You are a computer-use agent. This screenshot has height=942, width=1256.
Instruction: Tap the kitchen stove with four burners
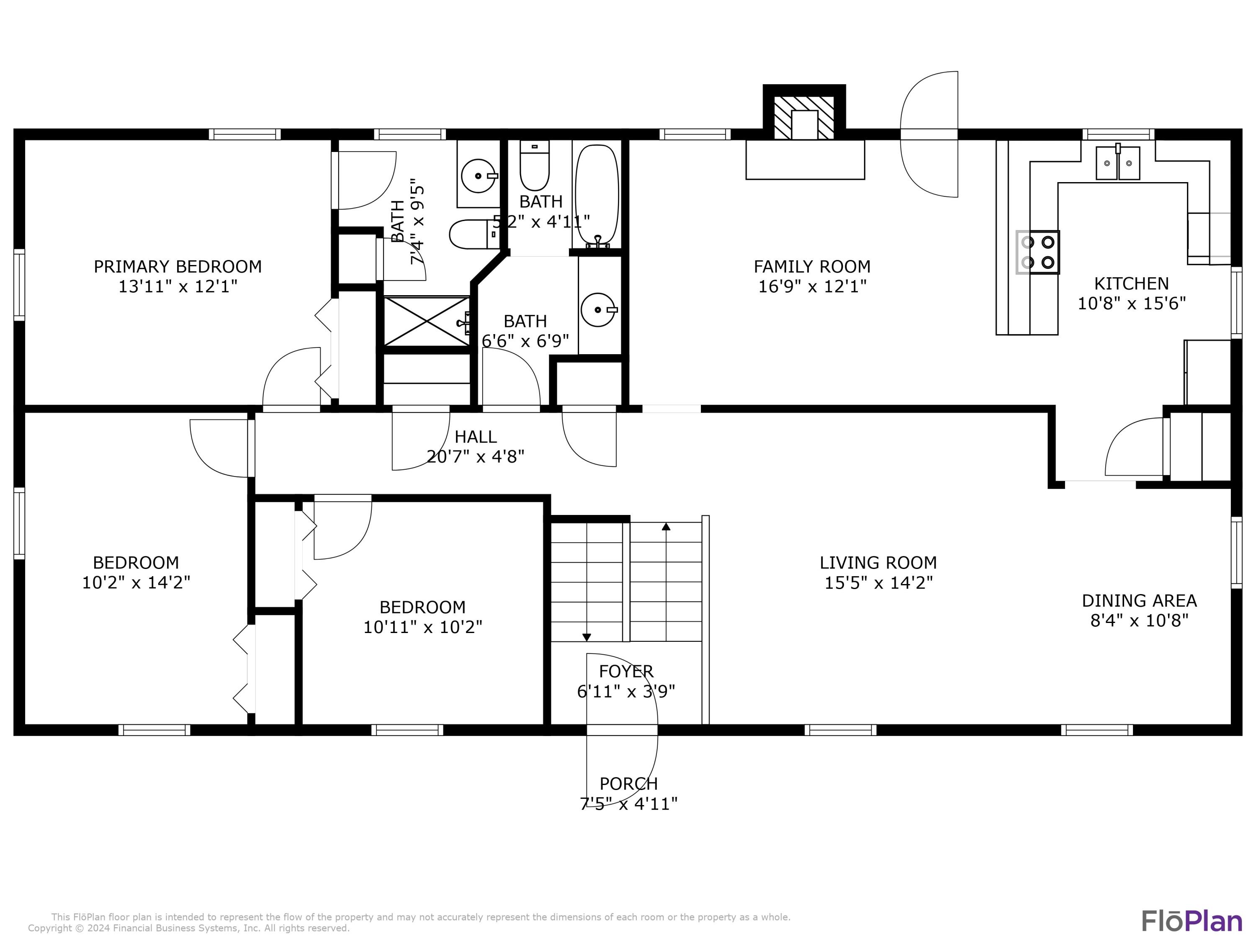tap(1038, 252)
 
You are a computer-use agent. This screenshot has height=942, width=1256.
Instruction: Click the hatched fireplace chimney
tap(804, 118)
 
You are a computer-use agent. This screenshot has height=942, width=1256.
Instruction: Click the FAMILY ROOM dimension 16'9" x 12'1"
tap(812, 286)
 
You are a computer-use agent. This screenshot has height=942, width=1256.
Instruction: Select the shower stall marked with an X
tap(427, 322)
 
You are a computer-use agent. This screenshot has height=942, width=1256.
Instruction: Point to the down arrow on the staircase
tap(587, 637)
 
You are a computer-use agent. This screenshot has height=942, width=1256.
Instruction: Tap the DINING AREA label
tap(1139, 600)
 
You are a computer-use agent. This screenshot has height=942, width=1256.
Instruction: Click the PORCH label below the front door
tap(628, 784)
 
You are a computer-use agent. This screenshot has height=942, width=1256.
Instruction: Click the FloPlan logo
tap(1191, 921)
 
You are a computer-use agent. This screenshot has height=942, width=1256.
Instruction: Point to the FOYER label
tap(626, 671)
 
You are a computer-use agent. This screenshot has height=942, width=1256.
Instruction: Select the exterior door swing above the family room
tap(929, 134)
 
